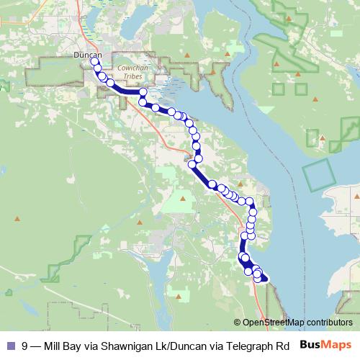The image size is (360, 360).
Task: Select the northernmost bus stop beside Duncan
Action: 94,62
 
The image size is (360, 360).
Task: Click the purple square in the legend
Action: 9,345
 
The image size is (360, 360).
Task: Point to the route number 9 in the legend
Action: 25,345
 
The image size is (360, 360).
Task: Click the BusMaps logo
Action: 325,343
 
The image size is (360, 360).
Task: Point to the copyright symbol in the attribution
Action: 238,323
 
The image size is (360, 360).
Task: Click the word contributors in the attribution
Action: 329,323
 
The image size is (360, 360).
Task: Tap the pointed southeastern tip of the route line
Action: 266,279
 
